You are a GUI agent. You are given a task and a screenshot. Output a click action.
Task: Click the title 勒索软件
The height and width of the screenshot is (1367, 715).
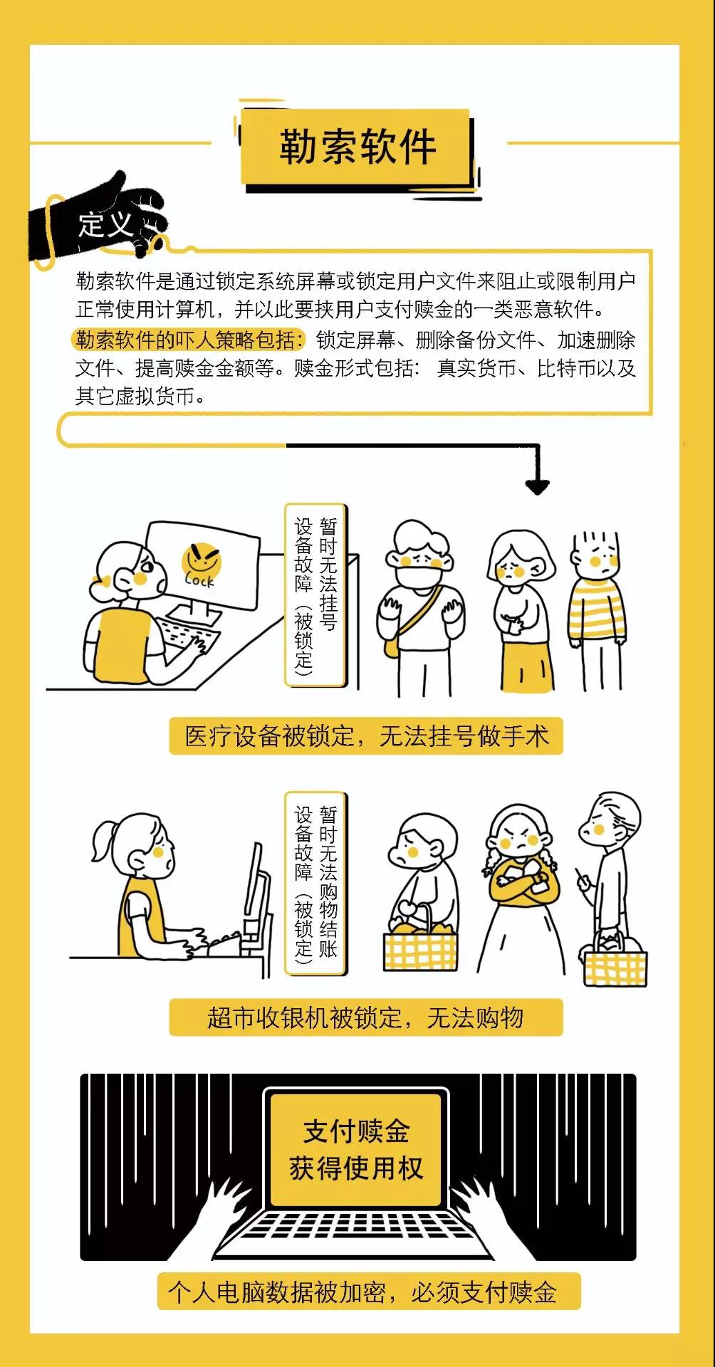tap(357, 147)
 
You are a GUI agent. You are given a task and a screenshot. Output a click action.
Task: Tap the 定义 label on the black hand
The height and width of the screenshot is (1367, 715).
tap(106, 224)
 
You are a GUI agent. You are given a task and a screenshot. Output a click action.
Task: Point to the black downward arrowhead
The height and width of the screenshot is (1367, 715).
tap(537, 486)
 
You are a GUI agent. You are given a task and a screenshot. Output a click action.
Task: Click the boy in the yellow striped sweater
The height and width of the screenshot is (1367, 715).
tap(597, 609)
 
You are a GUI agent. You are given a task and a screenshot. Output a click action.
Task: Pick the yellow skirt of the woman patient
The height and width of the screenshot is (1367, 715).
tap(526, 664)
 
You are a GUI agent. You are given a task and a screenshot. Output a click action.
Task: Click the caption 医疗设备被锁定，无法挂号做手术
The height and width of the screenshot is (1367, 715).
tap(366, 736)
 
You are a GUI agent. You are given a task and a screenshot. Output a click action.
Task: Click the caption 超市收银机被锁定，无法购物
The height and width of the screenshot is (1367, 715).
tap(366, 1017)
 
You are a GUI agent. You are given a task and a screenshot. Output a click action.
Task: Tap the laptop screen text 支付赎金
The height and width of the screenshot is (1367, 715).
tap(357, 1131)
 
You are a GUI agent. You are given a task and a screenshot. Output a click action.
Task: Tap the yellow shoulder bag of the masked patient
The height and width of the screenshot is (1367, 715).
tap(394, 646)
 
